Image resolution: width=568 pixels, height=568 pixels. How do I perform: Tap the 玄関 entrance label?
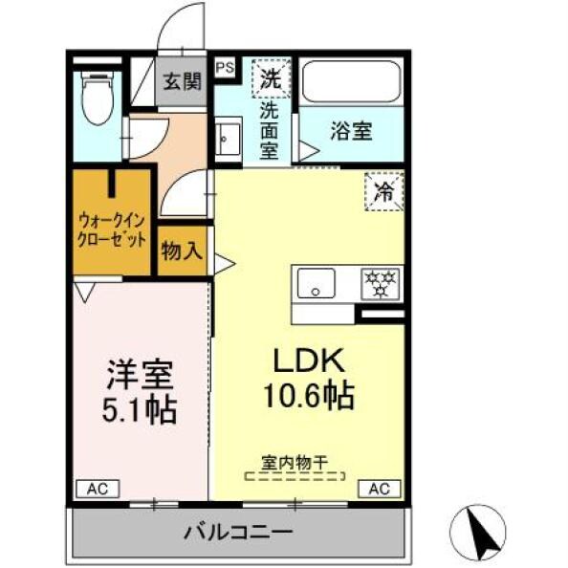tap(182, 81)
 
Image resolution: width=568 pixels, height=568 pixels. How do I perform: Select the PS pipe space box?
tap(225, 67)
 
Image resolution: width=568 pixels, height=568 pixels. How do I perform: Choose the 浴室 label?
tap(351, 132)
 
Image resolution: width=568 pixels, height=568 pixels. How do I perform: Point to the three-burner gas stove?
tap(381, 283)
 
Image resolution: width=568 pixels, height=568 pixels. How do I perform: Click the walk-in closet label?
tap(112, 230)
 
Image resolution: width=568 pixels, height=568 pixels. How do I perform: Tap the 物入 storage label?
tap(182, 251)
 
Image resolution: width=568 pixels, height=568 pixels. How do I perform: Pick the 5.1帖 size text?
tap(139, 409)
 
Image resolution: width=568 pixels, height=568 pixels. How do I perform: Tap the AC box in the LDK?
tap(380, 489)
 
